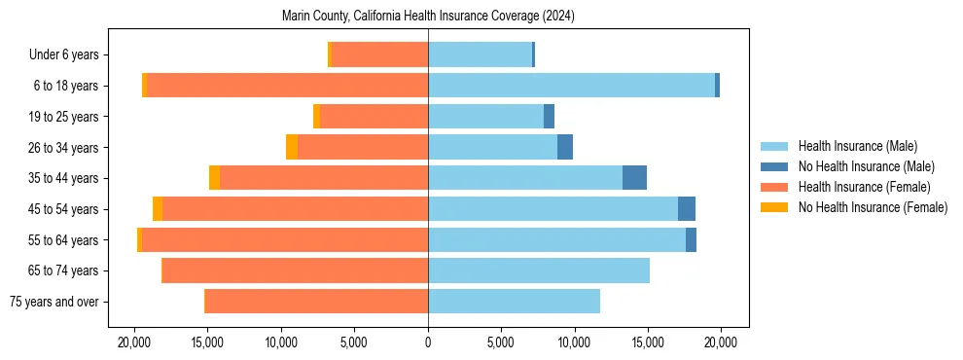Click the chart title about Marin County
click(x=428, y=17)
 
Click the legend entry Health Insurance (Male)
click(x=857, y=146)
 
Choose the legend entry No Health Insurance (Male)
click(x=866, y=166)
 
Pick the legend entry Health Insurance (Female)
click(x=864, y=187)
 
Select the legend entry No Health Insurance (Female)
click(x=873, y=207)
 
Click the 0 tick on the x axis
click(x=428, y=342)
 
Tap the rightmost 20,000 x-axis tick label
click(x=721, y=342)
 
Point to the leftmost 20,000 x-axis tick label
click(x=134, y=342)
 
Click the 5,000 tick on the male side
click(x=501, y=342)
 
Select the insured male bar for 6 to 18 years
click(x=571, y=86)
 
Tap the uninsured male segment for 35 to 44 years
click(x=634, y=178)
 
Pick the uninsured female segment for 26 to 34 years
click(x=292, y=147)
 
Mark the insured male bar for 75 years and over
click(x=514, y=302)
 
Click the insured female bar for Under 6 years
click(x=379, y=54)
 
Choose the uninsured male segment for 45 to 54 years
click(x=687, y=209)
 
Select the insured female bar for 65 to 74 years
click(x=295, y=270)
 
